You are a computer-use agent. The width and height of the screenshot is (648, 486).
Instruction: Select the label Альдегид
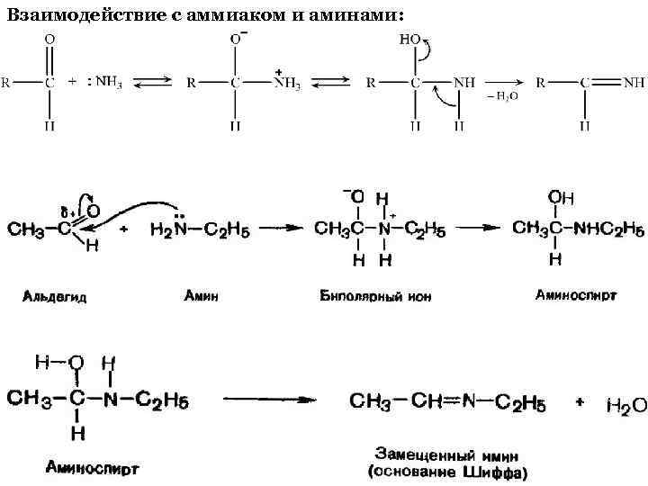click(55, 295)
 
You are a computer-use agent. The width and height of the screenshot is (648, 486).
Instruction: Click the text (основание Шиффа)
click(447, 471)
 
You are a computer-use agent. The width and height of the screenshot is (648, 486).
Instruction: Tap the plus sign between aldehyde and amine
click(123, 229)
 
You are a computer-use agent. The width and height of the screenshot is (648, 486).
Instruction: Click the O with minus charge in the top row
click(236, 40)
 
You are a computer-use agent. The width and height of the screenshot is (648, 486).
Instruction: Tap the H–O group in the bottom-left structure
click(59, 363)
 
